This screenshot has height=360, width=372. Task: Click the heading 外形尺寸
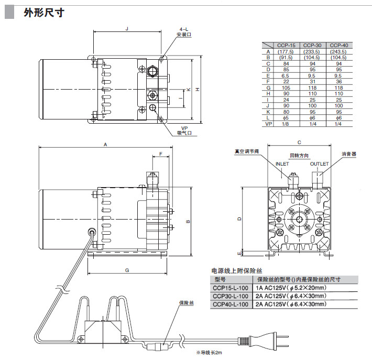43,13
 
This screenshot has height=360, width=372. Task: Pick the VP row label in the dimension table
268,124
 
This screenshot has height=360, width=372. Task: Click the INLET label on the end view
282,164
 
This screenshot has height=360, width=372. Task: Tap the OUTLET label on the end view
319,164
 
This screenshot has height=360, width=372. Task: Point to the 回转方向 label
300,156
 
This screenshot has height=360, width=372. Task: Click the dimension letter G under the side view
127,270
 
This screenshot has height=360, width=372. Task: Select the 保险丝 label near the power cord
187,303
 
